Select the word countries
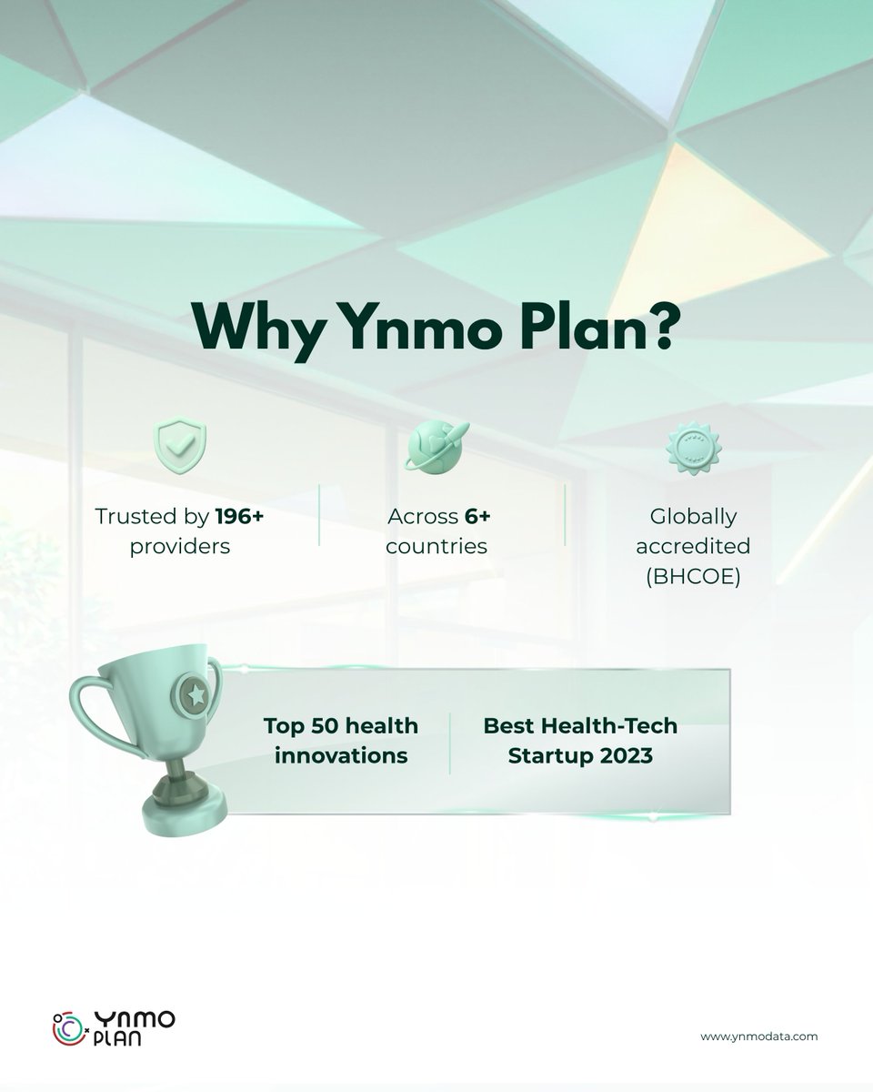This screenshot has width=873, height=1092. [x=436, y=547]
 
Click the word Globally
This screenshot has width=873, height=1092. [x=692, y=517]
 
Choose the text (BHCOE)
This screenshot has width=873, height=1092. [x=692, y=576]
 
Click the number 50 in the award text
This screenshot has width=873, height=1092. [x=334, y=726]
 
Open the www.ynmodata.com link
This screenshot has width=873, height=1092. [x=758, y=1036]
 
